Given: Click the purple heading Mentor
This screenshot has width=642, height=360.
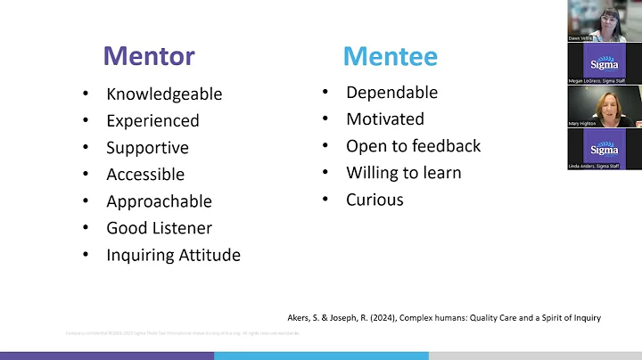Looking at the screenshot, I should (x=148, y=56).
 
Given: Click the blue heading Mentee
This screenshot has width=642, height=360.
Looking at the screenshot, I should (x=391, y=56).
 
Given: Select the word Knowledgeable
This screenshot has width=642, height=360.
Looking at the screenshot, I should (x=164, y=94).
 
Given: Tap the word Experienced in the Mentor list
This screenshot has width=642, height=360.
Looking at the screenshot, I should (x=152, y=120).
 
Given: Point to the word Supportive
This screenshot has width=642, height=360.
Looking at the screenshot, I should (x=147, y=147).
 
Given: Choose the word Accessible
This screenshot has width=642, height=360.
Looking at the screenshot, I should (x=145, y=174).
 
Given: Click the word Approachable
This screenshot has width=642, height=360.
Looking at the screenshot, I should (x=159, y=200).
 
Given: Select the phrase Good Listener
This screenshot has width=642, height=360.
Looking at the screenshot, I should (x=159, y=227).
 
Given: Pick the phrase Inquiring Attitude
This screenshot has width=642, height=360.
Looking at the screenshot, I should (x=173, y=255).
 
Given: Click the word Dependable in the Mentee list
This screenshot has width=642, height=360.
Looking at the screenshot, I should (x=391, y=92).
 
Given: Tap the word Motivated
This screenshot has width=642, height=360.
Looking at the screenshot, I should (x=385, y=119).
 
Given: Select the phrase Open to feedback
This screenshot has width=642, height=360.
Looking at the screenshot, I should (x=413, y=145).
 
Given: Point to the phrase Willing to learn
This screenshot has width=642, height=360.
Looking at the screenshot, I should (x=403, y=172).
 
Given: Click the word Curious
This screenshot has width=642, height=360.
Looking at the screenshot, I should (x=374, y=199).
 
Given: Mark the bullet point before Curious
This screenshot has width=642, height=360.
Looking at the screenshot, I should (x=325, y=200).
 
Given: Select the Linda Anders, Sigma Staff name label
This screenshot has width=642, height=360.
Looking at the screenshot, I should (x=593, y=166).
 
